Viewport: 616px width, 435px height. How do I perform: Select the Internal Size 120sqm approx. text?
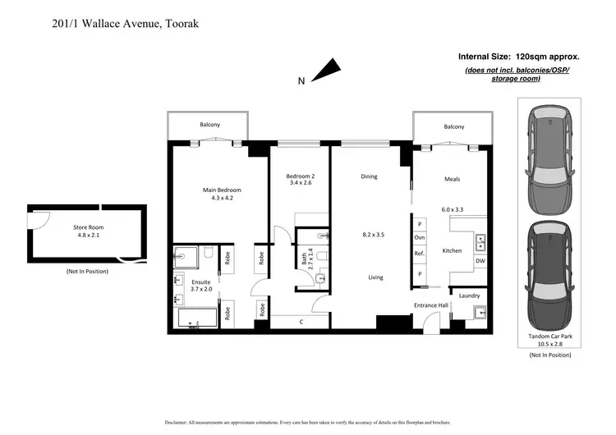519,57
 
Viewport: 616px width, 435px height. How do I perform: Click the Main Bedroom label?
222,190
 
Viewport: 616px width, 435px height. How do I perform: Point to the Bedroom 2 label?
301,176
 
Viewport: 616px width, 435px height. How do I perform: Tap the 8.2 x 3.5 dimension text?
374,235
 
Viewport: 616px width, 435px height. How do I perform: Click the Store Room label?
85,227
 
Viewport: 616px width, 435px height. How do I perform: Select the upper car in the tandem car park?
549,159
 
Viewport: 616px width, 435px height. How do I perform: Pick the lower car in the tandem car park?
549,273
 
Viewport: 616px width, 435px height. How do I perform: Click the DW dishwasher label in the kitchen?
480,262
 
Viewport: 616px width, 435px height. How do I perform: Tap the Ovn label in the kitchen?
420,238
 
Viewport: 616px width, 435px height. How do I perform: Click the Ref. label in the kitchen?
420,254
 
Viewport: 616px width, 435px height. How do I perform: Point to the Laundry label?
469,295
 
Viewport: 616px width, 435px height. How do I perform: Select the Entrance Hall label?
430,305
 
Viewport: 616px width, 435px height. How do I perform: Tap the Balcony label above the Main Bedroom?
209,125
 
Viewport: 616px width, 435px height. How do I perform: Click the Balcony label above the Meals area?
453,126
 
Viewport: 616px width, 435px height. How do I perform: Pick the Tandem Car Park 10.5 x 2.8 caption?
549,341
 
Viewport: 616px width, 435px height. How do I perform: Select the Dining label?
369,176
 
